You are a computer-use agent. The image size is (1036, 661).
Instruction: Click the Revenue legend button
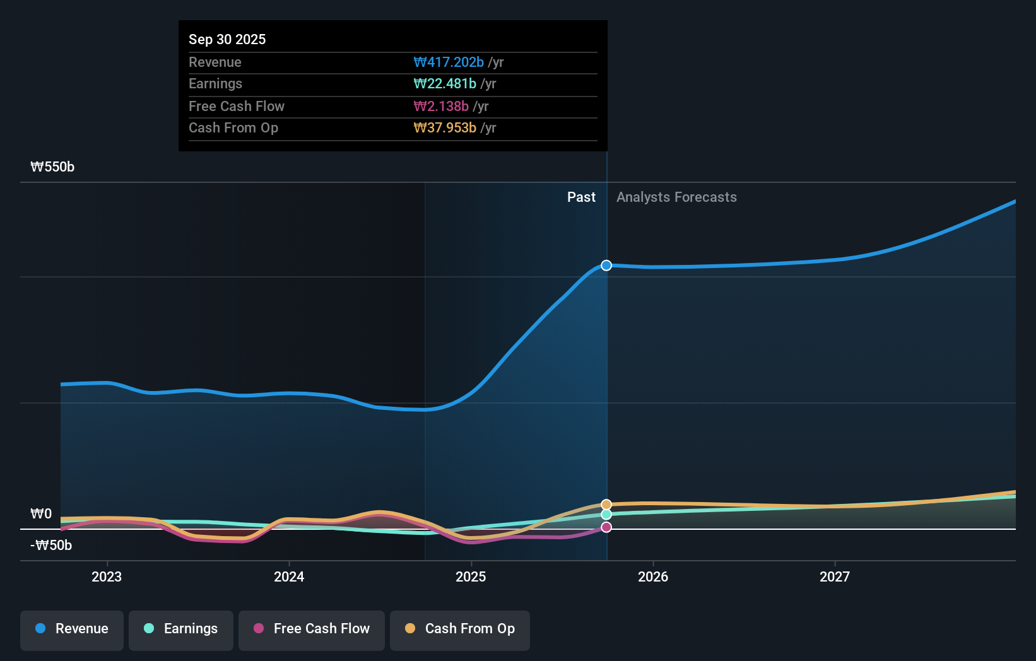(x=72, y=629)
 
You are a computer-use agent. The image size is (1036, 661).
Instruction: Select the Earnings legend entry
(x=181, y=629)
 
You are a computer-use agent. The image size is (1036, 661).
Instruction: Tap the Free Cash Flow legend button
(x=312, y=629)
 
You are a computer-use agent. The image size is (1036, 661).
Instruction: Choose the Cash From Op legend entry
(x=460, y=629)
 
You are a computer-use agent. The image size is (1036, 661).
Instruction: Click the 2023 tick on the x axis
(x=107, y=576)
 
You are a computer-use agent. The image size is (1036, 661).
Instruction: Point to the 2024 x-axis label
(x=289, y=576)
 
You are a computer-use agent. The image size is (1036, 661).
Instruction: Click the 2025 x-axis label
(x=471, y=576)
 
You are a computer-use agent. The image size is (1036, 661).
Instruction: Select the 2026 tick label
(x=653, y=576)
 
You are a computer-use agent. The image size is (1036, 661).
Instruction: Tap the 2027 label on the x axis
(x=835, y=576)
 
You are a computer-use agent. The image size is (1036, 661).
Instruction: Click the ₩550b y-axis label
(x=52, y=167)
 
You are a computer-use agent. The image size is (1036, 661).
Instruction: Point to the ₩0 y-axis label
(x=41, y=514)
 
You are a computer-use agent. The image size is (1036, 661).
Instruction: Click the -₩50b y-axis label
(x=51, y=546)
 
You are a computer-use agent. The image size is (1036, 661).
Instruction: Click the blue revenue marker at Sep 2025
(x=606, y=266)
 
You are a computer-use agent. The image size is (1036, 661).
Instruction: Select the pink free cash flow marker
(x=606, y=527)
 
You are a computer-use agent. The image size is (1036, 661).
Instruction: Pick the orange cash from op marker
(x=606, y=505)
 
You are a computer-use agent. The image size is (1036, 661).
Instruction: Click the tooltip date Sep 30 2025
(x=227, y=39)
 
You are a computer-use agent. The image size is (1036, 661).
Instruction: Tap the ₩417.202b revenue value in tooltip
(x=449, y=62)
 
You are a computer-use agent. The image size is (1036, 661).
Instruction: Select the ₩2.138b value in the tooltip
(x=441, y=106)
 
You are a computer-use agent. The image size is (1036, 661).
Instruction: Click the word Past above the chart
(x=581, y=197)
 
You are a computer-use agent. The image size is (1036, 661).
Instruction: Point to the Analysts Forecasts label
(x=676, y=197)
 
